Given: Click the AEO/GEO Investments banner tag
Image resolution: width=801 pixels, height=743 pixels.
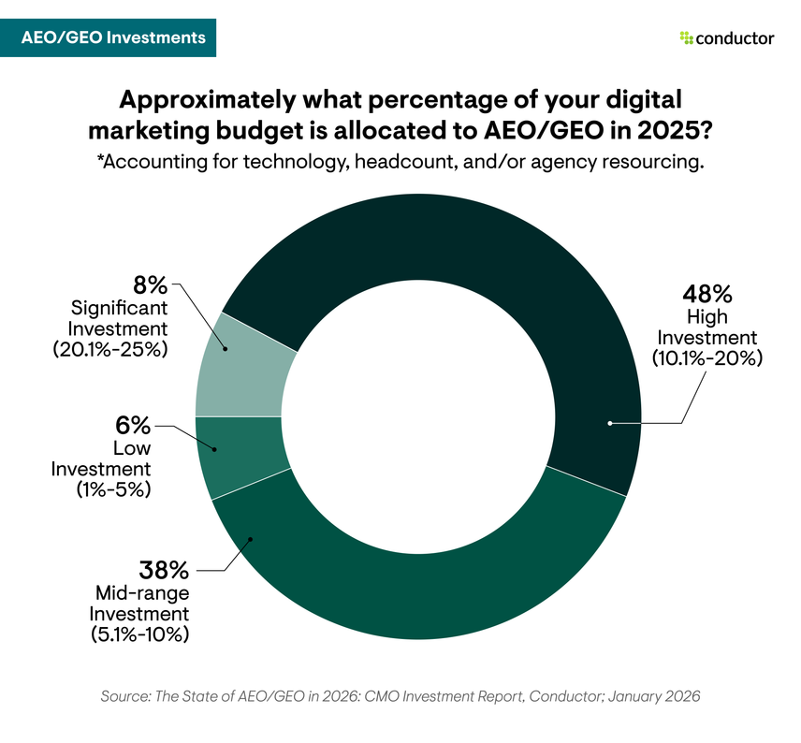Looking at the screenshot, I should [114, 38].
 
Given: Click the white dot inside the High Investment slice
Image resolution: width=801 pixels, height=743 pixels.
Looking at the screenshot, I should [610, 424].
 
